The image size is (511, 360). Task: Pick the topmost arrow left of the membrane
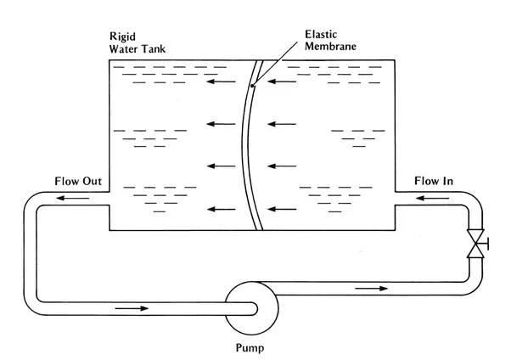click(222, 83)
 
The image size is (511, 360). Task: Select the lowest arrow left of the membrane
click(222, 208)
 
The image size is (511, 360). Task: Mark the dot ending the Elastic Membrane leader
click(254, 83)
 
